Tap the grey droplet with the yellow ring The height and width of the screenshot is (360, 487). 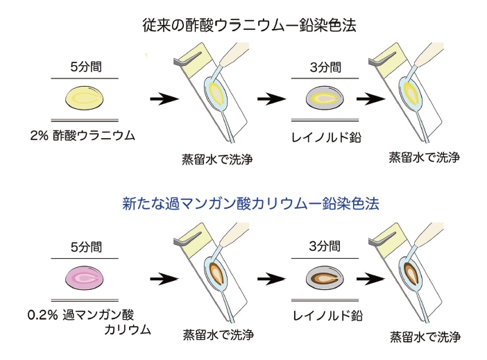tap(324, 99)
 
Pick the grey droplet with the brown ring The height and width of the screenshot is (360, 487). tap(324, 279)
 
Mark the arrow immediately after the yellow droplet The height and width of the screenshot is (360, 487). tap(164, 99)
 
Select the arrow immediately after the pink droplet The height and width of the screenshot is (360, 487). tap(164, 279)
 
